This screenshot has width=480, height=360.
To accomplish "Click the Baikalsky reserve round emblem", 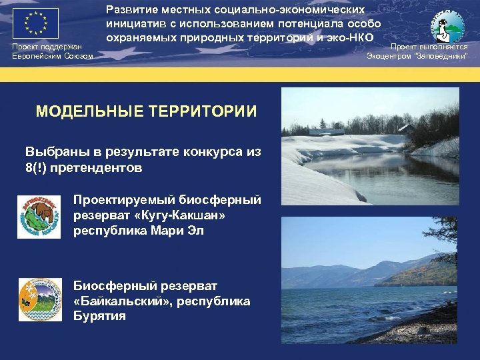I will (x=39, y=298).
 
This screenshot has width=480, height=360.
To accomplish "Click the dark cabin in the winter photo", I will (x=405, y=127).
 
